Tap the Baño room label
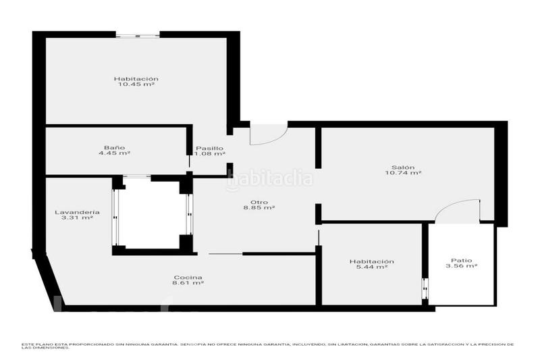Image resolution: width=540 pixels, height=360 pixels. pyautogui.click(x=114, y=147)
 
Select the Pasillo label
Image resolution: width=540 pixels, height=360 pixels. pyautogui.click(x=209, y=148)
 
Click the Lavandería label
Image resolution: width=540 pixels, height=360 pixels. pyautogui.click(x=74, y=212)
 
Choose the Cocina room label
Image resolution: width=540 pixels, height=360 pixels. pyautogui.click(x=188, y=278)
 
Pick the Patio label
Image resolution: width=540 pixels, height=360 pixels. pyautogui.click(x=462, y=260)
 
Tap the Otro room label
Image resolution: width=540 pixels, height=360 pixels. pyautogui.click(x=259, y=202)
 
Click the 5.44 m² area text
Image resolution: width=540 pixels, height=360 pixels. pyautogui.click(x=371, y=267)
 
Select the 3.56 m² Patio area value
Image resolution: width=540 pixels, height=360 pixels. pyautogui.click(x=462, y=266)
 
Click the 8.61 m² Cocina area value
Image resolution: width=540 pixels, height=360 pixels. pyautogui.click(x=188, y=284)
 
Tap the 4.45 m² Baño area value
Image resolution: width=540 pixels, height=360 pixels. pyautogui.click(x=114, y=153)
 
